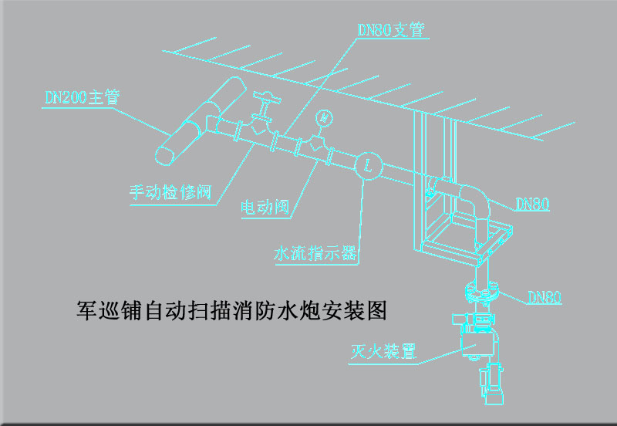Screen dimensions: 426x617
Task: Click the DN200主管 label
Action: [x=83, y=97]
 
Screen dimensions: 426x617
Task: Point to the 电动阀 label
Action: [x=265, y=207]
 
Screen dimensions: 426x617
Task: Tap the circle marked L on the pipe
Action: [x=368, y=164]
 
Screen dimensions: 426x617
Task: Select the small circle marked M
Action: [x=325, y=118]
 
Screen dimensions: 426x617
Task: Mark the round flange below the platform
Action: [x=484, y=292]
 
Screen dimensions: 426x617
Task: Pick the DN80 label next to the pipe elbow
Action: [x=532, y=205]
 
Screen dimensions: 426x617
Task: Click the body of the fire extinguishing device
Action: [x=476, y=335]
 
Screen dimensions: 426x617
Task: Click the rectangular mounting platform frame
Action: [x=463, y=239]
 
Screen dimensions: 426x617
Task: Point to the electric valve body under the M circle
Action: [x=317, y=144]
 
